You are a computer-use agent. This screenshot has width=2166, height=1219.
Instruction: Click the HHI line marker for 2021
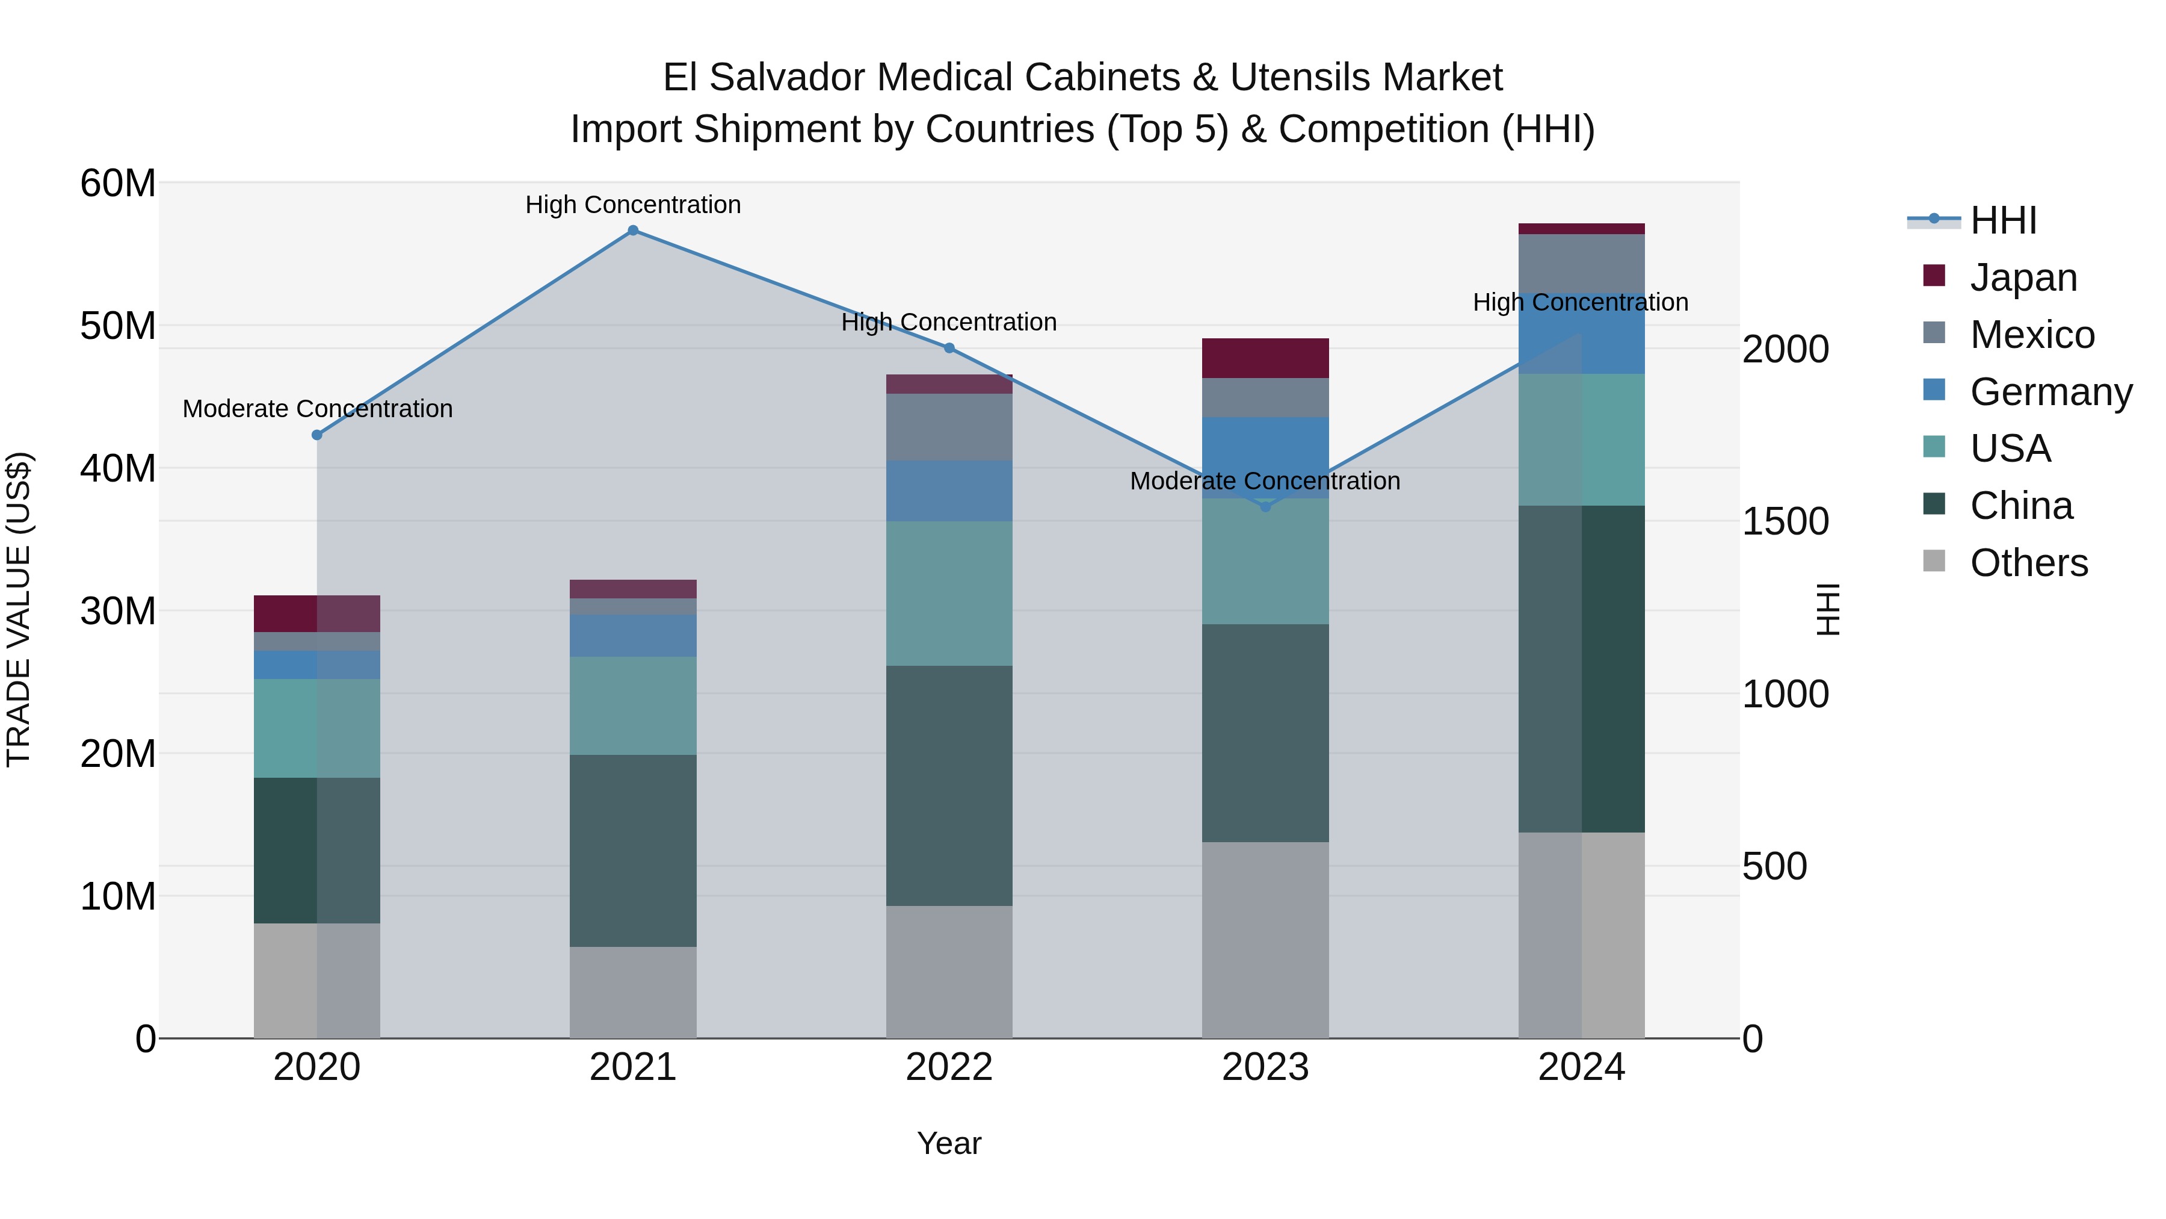point(633,231)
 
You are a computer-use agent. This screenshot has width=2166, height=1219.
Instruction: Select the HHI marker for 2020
point(317,435)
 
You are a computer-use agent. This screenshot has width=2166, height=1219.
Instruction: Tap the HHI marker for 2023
point(1265,506)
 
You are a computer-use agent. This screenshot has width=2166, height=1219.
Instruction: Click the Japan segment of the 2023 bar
point(1265,358)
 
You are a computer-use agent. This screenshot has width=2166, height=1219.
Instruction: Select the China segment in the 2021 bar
point(633,851)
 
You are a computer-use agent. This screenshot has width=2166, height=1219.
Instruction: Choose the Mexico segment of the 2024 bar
point(1582,263)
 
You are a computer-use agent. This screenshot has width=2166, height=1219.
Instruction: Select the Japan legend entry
point(2022,278)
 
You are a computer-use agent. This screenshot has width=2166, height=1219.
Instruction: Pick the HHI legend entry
point(2003,220)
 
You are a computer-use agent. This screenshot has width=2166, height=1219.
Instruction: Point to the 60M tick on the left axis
point(118,184)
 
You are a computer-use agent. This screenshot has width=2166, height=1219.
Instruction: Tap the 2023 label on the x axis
point(1265,1067)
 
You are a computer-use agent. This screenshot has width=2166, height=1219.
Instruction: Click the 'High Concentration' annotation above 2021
point(633,205)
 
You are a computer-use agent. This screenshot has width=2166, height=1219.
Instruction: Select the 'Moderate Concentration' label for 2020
point(317,409)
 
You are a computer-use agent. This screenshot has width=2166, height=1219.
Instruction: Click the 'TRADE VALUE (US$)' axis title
point(19,609)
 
